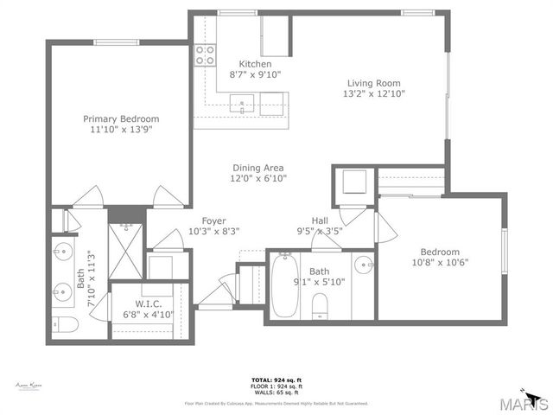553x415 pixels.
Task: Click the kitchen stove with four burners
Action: click(x=205, y=55)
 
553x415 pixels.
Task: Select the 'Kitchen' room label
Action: click(x=255, y=64)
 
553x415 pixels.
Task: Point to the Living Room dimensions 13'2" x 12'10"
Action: click(x=375, y=93)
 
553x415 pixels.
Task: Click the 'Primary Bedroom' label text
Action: click(x=121, y=118)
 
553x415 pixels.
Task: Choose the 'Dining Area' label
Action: click(x=257, y=168)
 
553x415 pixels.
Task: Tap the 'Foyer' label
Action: click(x=214, y=220)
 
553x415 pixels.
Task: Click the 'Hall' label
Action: click(x=320, y=220)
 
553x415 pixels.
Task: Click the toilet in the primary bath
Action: click(x=66, y=324)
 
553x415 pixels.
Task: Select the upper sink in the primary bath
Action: click(x=62, y=253)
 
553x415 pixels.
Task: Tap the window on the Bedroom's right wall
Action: click(x=504, y=252)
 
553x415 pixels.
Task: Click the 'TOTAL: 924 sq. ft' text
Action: click(x=276, y=380)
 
